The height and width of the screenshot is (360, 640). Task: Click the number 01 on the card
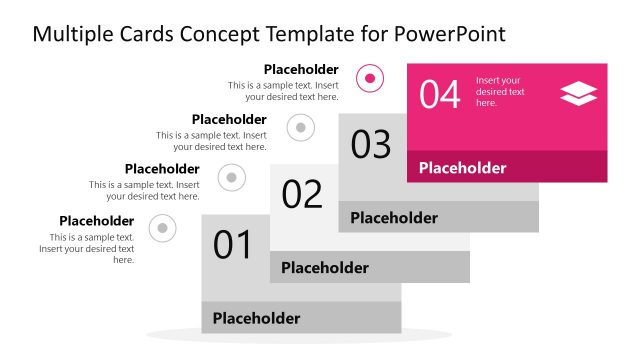pos(232,245)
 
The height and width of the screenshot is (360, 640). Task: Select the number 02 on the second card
pos(302,193)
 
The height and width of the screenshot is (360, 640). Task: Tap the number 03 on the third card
pos(371,144)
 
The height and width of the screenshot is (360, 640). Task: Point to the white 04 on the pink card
pos(439,95)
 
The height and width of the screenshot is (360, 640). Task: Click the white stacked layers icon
pos(578,94)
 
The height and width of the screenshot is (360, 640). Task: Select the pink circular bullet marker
pos(371,77)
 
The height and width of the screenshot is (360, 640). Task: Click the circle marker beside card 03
pos(301,127)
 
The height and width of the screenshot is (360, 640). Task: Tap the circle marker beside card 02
pos(232,177)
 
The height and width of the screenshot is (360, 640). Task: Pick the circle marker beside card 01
pos(162,228)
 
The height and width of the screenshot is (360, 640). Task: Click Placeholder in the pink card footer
pos(462,168)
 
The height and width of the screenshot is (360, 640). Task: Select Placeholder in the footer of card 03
pos(393,217)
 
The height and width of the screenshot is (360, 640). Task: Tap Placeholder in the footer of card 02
pos(324,267)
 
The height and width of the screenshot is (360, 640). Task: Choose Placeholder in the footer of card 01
pos(256,318)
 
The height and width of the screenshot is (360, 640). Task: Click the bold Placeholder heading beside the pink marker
pos(301,69)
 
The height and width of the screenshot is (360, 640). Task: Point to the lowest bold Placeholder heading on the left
pos(96,221)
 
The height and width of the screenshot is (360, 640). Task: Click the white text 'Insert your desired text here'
pos(500,91)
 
